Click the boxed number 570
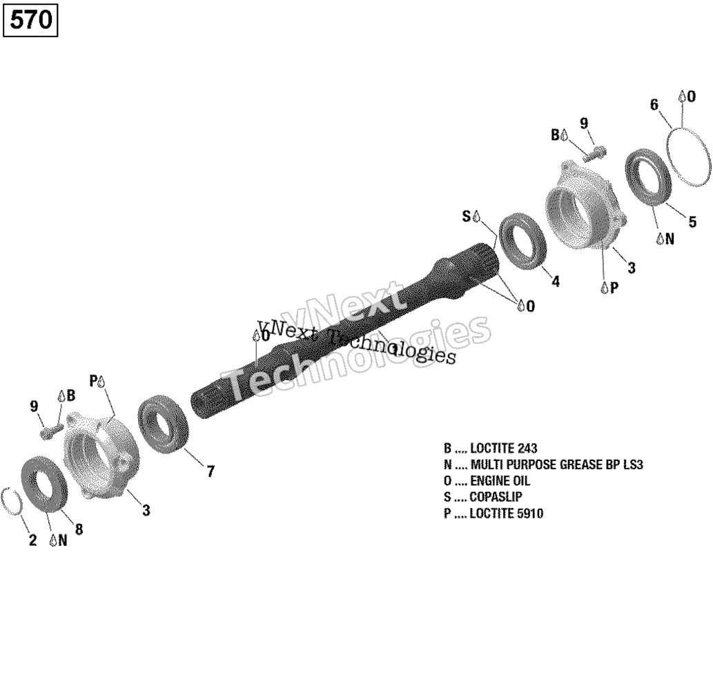point(30,19)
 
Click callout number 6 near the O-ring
point(654,105)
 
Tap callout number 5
point(692,222)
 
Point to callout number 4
point(556,282)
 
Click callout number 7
point(210,471)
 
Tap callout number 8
point(79,529)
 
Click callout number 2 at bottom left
point(32,540)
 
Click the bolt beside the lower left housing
point(52,430)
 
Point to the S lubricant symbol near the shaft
point(471,217)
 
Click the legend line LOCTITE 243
point(491,449)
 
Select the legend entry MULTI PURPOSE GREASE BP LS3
point(543,465)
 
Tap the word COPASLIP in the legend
point(496,497)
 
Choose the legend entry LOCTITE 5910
point(494,514)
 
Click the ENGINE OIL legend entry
point(487,480)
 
